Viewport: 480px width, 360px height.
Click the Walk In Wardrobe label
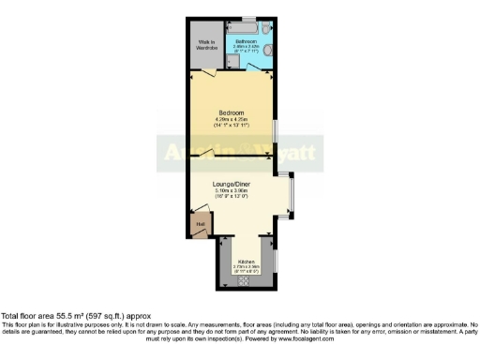[206, 44]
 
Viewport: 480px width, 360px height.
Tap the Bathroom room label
[247, 42]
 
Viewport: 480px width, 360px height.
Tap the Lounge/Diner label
[231, 185]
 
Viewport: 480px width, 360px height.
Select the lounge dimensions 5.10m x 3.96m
[231, 191]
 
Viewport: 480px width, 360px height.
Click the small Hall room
[201, 225]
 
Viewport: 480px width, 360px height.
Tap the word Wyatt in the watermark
[268, 150]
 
